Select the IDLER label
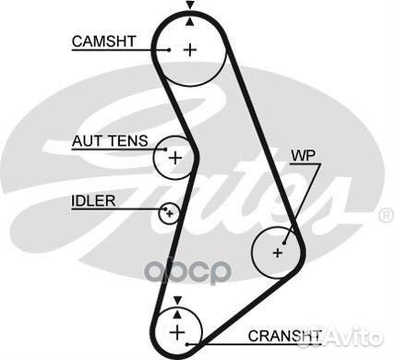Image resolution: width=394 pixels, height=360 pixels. tap(92, 199)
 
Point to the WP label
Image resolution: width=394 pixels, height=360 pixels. tap(303, 156)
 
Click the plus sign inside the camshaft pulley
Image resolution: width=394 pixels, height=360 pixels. tap(189, 50)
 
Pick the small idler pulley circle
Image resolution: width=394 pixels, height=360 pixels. tap(168, 214)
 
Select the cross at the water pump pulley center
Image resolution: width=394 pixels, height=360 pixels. tap(278, 251)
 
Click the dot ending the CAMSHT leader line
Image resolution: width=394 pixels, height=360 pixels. tap(171, 50)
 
